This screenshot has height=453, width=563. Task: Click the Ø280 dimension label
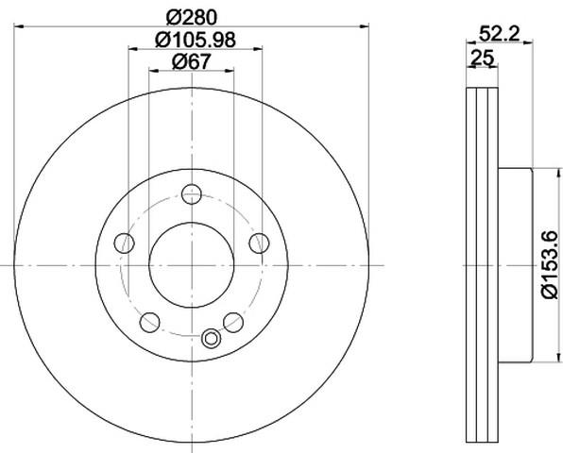coord(192,17)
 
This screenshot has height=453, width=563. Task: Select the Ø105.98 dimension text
coord(196,40)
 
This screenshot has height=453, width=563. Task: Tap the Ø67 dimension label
coord(191,61)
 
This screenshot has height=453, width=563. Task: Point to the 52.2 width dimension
coord(500,34)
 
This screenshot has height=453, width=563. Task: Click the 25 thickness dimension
coord(483,58)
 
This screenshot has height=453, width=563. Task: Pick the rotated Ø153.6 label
coord(551,264)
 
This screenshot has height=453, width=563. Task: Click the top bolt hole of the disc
coord(192,194)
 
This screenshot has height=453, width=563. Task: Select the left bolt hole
coord(125,243)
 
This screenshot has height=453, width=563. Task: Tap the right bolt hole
coord(259,243)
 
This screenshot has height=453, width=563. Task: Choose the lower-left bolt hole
coord(150,322)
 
